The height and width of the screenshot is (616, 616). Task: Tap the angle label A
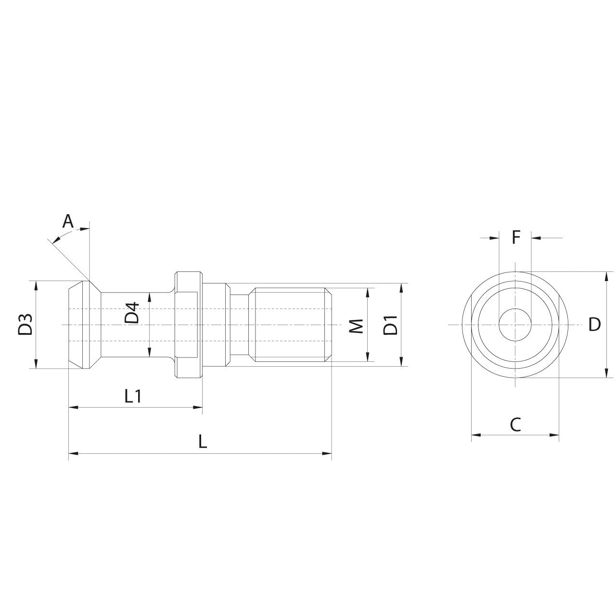coord(68,221)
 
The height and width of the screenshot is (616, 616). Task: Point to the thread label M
coord(356,325)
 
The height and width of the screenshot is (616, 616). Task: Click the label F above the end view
coord(515,237)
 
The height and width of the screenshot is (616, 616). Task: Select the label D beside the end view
coord(595,325)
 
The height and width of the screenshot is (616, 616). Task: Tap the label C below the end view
coord(515,424)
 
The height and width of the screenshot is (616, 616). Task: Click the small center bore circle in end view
coord(515,325)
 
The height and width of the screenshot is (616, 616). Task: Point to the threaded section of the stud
coord(291,325)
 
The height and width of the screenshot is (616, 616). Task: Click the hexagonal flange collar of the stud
coord(188,325)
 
